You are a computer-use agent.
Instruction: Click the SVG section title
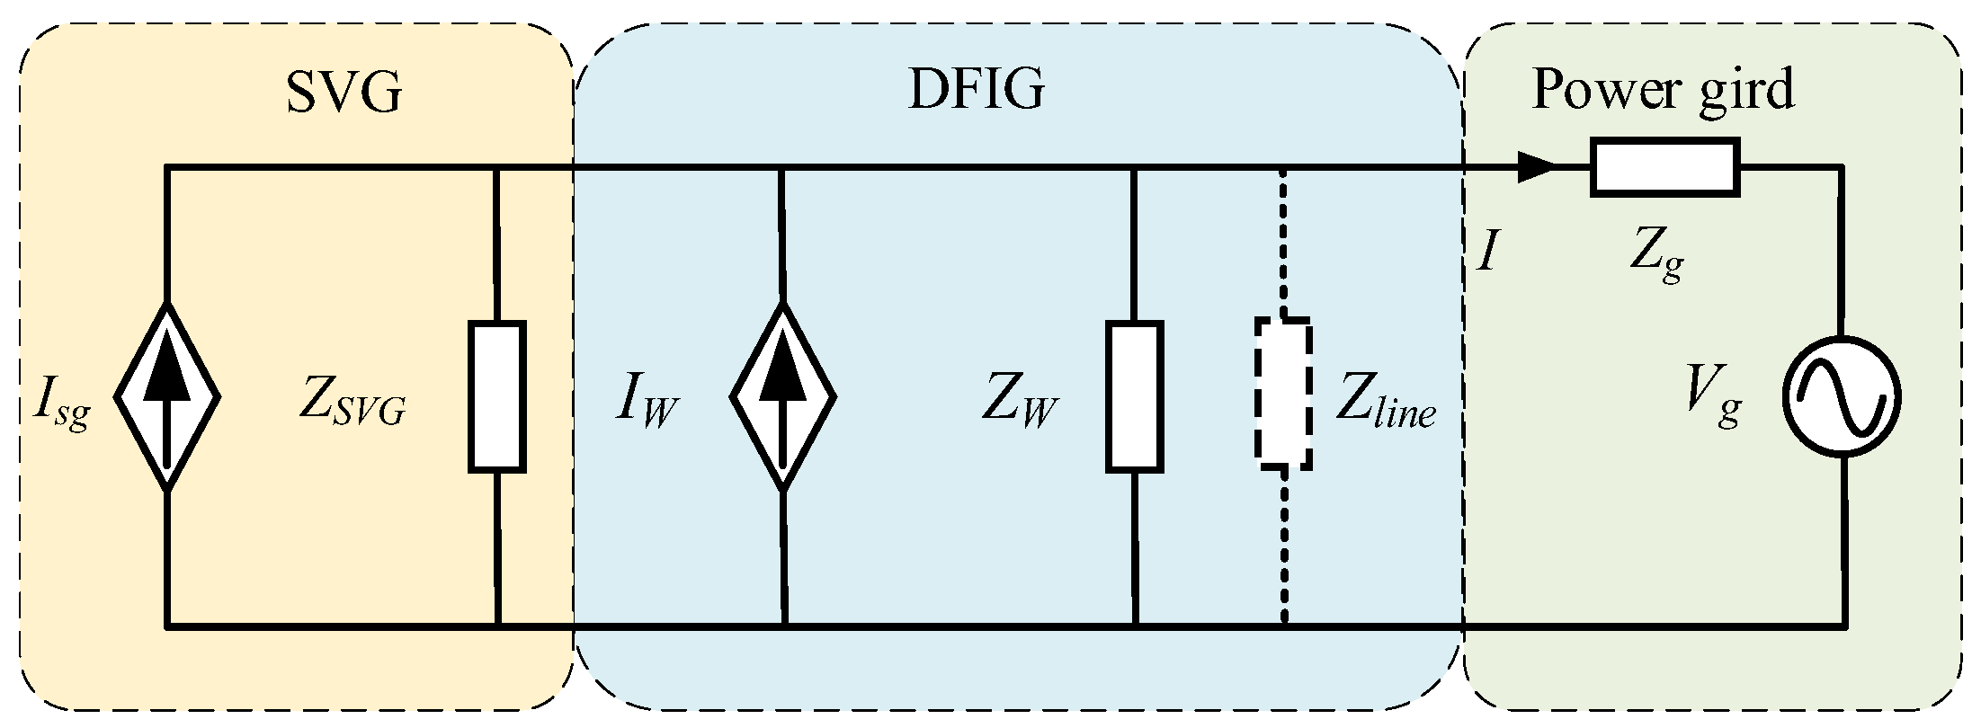344,92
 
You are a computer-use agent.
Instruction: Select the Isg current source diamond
167,396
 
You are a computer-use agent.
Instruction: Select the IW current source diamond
783,396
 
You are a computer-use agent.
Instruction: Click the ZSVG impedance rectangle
497,396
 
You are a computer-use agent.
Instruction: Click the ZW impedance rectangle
1135,396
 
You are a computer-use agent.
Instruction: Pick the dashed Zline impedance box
1283,394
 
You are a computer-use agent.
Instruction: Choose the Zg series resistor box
1664,167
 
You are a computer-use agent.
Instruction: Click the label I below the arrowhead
1488,253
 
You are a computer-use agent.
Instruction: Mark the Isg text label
61,406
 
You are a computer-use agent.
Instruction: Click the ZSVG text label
352,404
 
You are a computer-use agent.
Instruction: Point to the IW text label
647,404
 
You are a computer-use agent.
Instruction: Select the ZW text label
1018,404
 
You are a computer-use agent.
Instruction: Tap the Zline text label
1385,404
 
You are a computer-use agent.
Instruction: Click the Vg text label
1714,404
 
